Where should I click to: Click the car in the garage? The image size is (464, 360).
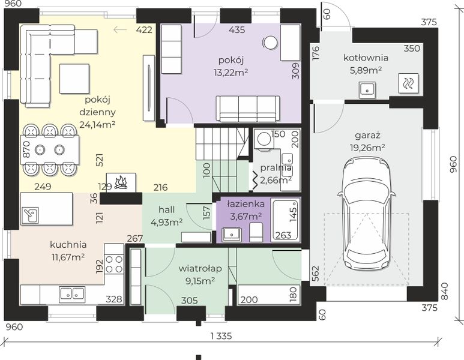pos(367,212)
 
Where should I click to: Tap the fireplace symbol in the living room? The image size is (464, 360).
pos(121,182)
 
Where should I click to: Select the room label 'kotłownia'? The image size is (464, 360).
pos(366,58)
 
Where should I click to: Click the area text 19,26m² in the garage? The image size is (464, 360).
pos(367,148)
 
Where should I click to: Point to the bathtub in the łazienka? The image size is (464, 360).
pos(286,220)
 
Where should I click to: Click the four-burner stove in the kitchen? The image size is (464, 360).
pos(114,264)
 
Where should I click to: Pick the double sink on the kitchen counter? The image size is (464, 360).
pos(72,294)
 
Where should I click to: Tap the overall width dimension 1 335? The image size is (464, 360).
pos(221,336)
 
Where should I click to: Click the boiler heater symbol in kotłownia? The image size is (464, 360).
pos(408,83)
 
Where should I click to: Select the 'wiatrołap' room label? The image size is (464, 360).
pos(200,268)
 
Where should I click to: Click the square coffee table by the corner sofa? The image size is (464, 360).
pos(74,79)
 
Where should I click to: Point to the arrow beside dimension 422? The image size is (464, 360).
pos(120,29)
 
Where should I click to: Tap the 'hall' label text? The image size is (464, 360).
pos(167,210)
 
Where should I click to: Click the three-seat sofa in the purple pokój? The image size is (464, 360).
pos(248,109)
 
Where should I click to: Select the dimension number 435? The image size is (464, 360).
pos(237,29)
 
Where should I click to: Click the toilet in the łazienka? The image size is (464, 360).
pos(256,232)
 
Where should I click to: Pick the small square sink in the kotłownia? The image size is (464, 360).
pos(367,90)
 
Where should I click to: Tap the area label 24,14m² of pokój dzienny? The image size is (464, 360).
pos(97,125)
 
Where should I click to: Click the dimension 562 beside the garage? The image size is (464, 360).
pos(316,274)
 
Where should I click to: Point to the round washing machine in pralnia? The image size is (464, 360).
pos(264,139)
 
